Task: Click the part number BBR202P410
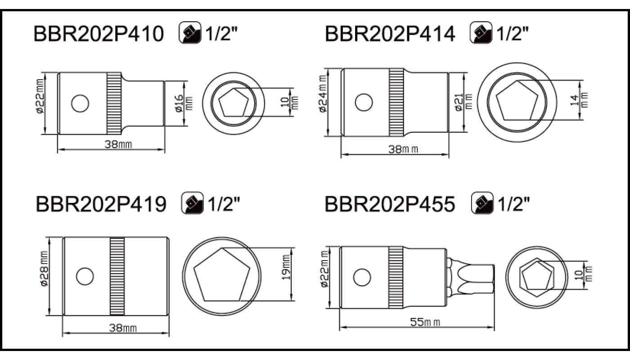click(99, 34)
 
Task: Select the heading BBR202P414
click(390, 34)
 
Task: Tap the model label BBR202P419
click(101, 204)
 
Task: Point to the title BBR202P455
click(390, 204)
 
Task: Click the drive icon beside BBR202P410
click(190, 32)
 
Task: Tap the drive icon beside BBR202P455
click(482, 203)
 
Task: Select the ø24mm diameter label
click(323, 94)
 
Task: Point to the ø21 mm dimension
click(463, 103)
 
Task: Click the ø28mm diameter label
click(44, 269)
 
